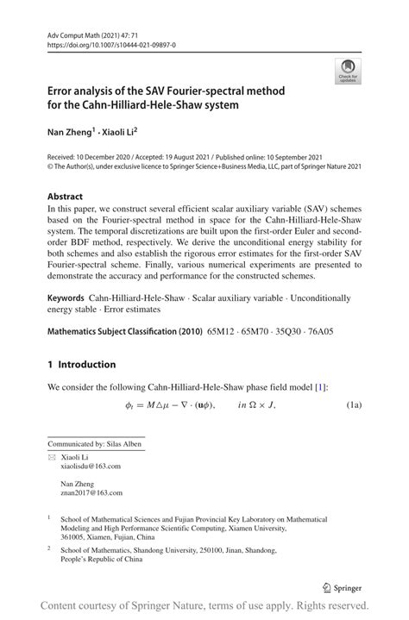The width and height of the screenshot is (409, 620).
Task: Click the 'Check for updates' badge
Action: [x=349, y=72]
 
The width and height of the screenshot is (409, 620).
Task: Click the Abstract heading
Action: [x=65, y=196]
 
